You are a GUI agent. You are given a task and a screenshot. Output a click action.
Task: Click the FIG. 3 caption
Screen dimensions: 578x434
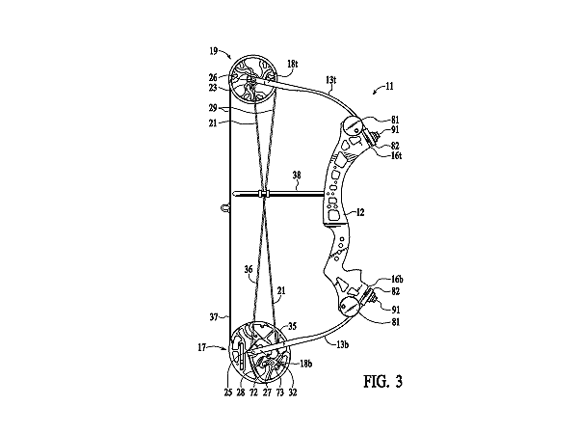382,381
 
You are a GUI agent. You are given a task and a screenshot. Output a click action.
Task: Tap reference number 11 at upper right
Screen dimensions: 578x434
389,86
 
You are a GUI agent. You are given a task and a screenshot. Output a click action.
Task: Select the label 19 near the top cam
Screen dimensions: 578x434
214,51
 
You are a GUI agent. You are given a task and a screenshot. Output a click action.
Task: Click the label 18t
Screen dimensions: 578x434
292,64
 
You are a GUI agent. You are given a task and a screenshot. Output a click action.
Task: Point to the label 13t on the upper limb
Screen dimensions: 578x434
331,79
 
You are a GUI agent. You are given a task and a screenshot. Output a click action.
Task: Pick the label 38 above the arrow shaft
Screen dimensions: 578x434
297,175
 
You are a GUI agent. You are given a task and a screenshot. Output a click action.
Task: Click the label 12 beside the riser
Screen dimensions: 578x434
360,212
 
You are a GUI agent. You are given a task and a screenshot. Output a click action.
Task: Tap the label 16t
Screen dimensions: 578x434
396,155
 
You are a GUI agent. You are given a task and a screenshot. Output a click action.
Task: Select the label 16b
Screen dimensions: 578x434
397,280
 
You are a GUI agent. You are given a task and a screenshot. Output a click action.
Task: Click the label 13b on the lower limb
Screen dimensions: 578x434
342,344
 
